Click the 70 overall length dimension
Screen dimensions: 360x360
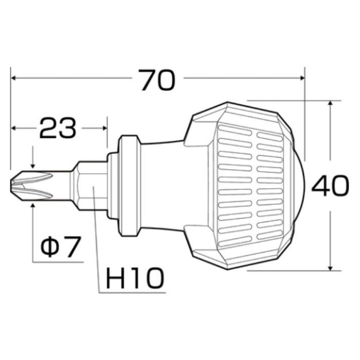tap(158, 80)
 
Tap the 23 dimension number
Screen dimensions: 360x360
tap(58, 128)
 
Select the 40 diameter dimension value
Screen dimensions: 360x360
tap(330, 186)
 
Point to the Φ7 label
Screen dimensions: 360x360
tap(60, 246)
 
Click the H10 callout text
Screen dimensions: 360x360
tap(135, 278)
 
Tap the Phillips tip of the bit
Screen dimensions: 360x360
tap(32, 186)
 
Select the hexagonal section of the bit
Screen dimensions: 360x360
tap(92, 186)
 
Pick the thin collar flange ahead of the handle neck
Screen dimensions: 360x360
tap(129, 186)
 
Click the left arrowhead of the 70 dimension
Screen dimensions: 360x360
tap(13, 78)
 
